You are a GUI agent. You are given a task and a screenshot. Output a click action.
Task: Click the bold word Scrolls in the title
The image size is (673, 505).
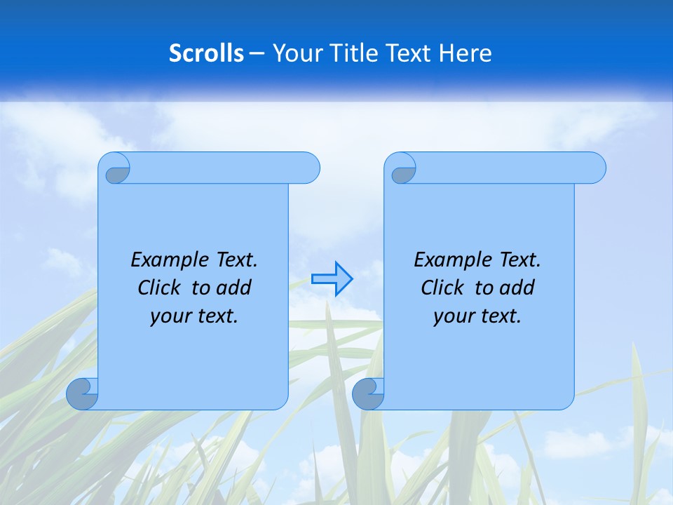(x=206, y=53)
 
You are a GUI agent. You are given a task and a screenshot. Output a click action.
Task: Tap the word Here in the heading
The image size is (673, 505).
(x=465, y=53)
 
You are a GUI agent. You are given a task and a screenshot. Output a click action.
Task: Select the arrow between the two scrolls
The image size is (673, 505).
(x=332, y=278)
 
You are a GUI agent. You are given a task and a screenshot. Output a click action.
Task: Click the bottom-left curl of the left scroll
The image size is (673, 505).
(x=82, y=394)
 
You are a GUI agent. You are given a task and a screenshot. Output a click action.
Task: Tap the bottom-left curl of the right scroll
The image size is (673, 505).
(x=367, y=394)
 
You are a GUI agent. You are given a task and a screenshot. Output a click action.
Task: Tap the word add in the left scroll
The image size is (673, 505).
(x=234, y=288)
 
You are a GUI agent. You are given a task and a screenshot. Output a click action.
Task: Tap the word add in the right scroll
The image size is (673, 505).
(x=517, y=288)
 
